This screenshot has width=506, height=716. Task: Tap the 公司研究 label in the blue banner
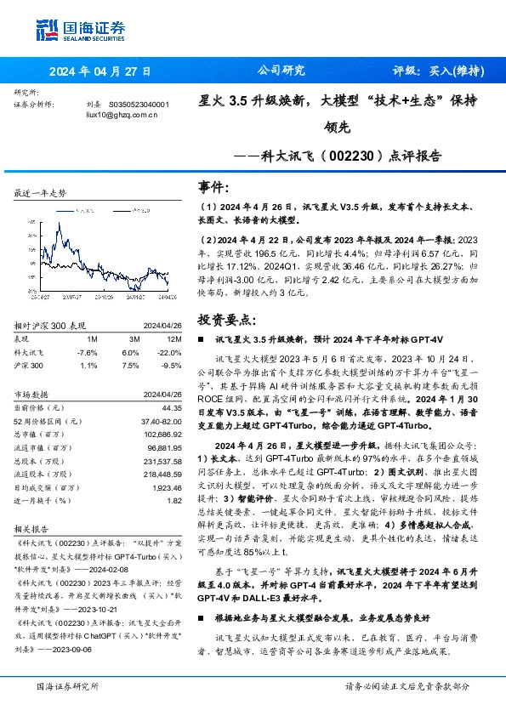click(280, 71)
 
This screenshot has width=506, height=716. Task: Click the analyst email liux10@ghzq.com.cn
click(122, 114)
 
